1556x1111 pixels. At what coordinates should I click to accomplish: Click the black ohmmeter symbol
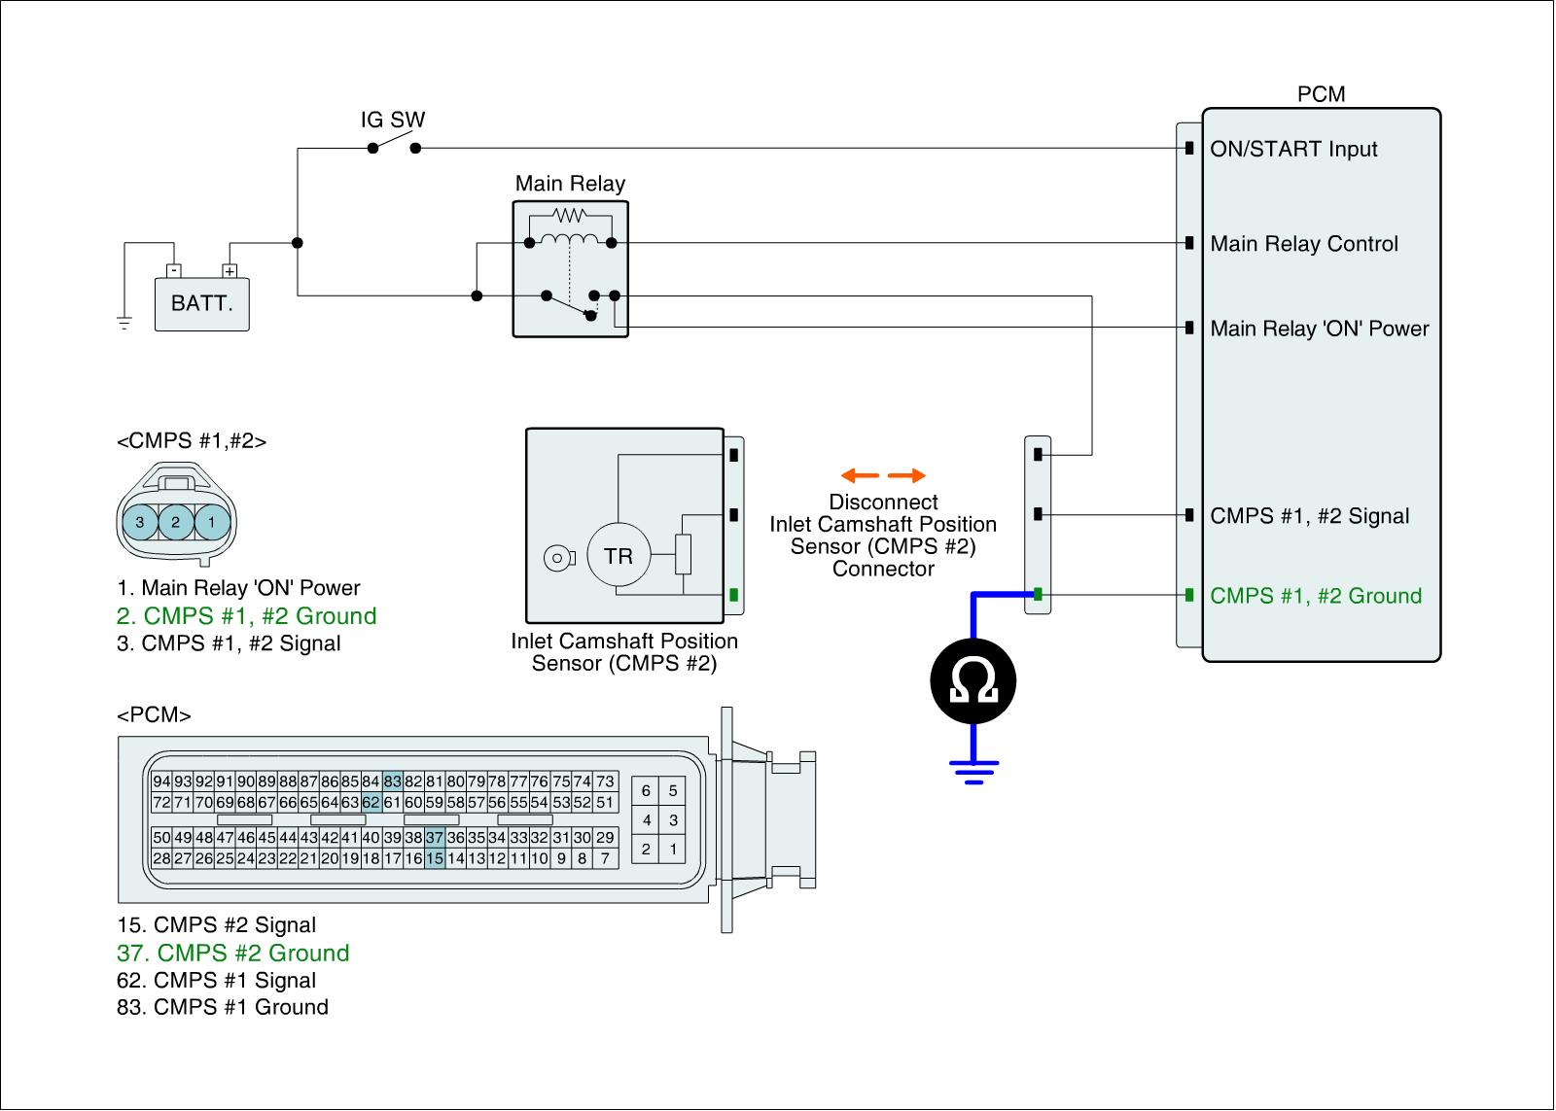pyautogui.click(x=973, y=680)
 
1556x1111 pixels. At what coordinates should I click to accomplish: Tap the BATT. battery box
pyautogui.click(x=201, y=304)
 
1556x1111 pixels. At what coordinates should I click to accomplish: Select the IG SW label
pyautogui.click(x=393, y=120)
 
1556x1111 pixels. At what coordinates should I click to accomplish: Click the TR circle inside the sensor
pyautogui.click(x=619, y=556)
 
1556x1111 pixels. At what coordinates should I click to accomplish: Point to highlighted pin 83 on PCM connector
pyautogui.click(x=393, y=781)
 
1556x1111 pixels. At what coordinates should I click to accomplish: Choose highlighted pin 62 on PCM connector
pyautogui.click(x=371, y=803)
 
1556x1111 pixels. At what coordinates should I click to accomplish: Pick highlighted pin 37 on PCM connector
pyautogui.click(x=434, y=838)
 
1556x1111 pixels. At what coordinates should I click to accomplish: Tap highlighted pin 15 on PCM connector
pyautogui.click(x=434, y=859)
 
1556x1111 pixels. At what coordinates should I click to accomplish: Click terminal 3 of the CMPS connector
pyautogui.click(x=140, y=522)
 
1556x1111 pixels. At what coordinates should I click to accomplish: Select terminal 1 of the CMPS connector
pyautogui.click(x=212, y=522)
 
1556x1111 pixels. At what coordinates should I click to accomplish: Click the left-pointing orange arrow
pyautogui.click(x=860, y=475)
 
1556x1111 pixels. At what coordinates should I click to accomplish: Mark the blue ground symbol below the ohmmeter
pyautogui.click(x=973, y=772)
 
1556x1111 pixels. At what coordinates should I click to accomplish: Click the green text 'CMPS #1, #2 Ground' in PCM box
pyautogui.click(x=1316, y=596)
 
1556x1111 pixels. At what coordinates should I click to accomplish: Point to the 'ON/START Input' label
pyautogui.click(x=1293, y=150)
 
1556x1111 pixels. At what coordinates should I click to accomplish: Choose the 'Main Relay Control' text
pyautogui.click(x=1304, y=244)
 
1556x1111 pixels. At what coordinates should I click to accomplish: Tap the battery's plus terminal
pyautogui.click(x=230, y=271)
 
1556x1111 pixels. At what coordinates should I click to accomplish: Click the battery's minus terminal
pyautogui.click(x=174, y=271)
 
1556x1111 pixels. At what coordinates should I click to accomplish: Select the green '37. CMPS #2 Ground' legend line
pyautogui.click(x=232, y=953)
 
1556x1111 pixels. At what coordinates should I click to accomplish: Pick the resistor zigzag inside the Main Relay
pyautogui.click(x=570, y=216)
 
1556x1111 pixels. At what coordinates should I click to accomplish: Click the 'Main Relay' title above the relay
pyautogui.click(x=570, y=184)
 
